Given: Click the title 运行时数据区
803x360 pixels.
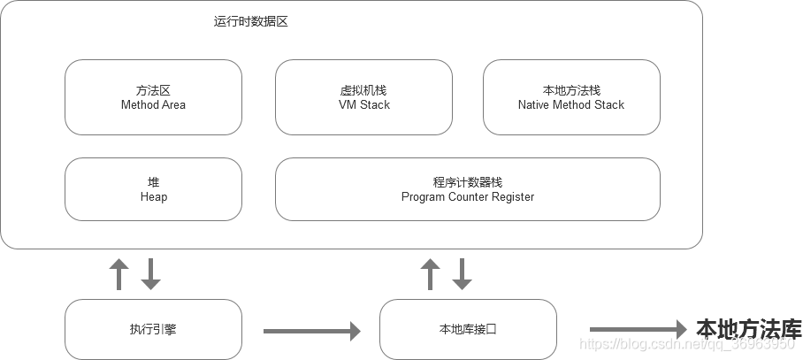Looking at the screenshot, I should point(250,22).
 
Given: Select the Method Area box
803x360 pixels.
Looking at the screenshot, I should point(153,97).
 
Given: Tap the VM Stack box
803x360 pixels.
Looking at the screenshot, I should point(363,97).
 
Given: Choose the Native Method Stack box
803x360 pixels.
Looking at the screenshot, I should point(571,97).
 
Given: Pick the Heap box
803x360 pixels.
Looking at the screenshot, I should point(153,189).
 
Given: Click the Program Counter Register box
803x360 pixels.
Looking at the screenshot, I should point(467,189).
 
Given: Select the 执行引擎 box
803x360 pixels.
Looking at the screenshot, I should point(153,329).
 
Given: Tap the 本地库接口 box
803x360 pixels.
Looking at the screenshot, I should point(468,329).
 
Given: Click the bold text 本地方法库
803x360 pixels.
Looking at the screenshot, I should point(748,329).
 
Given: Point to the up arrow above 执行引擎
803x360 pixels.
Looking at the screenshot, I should point(119,274).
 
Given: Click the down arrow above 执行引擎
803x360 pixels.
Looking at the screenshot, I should point(151,274).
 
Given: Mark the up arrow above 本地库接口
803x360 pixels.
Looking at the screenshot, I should point(430,274).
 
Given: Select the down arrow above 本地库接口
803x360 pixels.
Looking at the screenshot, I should point(462,274).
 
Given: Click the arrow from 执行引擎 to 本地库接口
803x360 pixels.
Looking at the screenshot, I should point(311,331).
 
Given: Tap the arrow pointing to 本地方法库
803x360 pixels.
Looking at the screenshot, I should point(638,329).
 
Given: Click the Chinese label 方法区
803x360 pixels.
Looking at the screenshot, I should point(153,90).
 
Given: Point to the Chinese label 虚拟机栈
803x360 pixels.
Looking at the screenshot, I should point(363,90).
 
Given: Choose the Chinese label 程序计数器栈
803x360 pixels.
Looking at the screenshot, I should point(467,182).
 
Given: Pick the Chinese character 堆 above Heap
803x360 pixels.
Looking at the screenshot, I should point(153,182).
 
